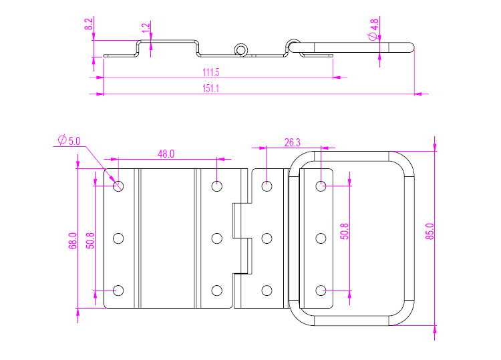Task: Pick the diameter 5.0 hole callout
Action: (69, 140)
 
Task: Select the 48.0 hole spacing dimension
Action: (166, 154)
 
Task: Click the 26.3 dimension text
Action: (292, 142)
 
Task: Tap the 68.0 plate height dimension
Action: (73, 240)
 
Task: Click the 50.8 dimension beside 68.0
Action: (90, 239)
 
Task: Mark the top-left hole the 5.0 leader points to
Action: (119, 186)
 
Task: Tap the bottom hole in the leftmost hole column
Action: (119, 290)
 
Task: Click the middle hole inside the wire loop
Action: (321, 238)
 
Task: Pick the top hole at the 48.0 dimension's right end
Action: (216, 186)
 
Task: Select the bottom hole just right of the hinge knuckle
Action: (267, 290)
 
